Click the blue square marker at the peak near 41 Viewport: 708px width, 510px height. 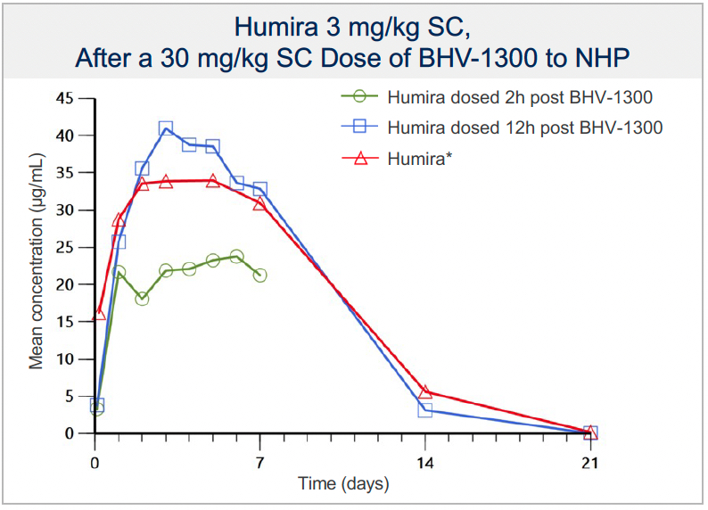pos(166,129)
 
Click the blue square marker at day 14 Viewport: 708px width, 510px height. pos(425,410)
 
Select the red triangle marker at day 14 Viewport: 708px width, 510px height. pos(425,392)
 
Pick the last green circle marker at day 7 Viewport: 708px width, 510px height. pos(259,276)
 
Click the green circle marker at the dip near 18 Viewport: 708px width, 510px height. pos(142,299)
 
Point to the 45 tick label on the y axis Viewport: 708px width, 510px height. pos(65,98)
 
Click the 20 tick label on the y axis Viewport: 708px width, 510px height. pos(65,284)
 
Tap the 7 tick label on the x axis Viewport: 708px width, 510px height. pos(259,462)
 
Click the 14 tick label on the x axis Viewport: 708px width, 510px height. pos(424,462)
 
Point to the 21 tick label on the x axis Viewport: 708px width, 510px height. pos(589,462)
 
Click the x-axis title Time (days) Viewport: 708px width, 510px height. pos(342,484)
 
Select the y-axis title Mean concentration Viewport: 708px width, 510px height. pos(37,266)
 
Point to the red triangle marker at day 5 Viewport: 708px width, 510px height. pos(212,181)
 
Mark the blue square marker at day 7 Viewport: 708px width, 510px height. pos(259,189)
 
